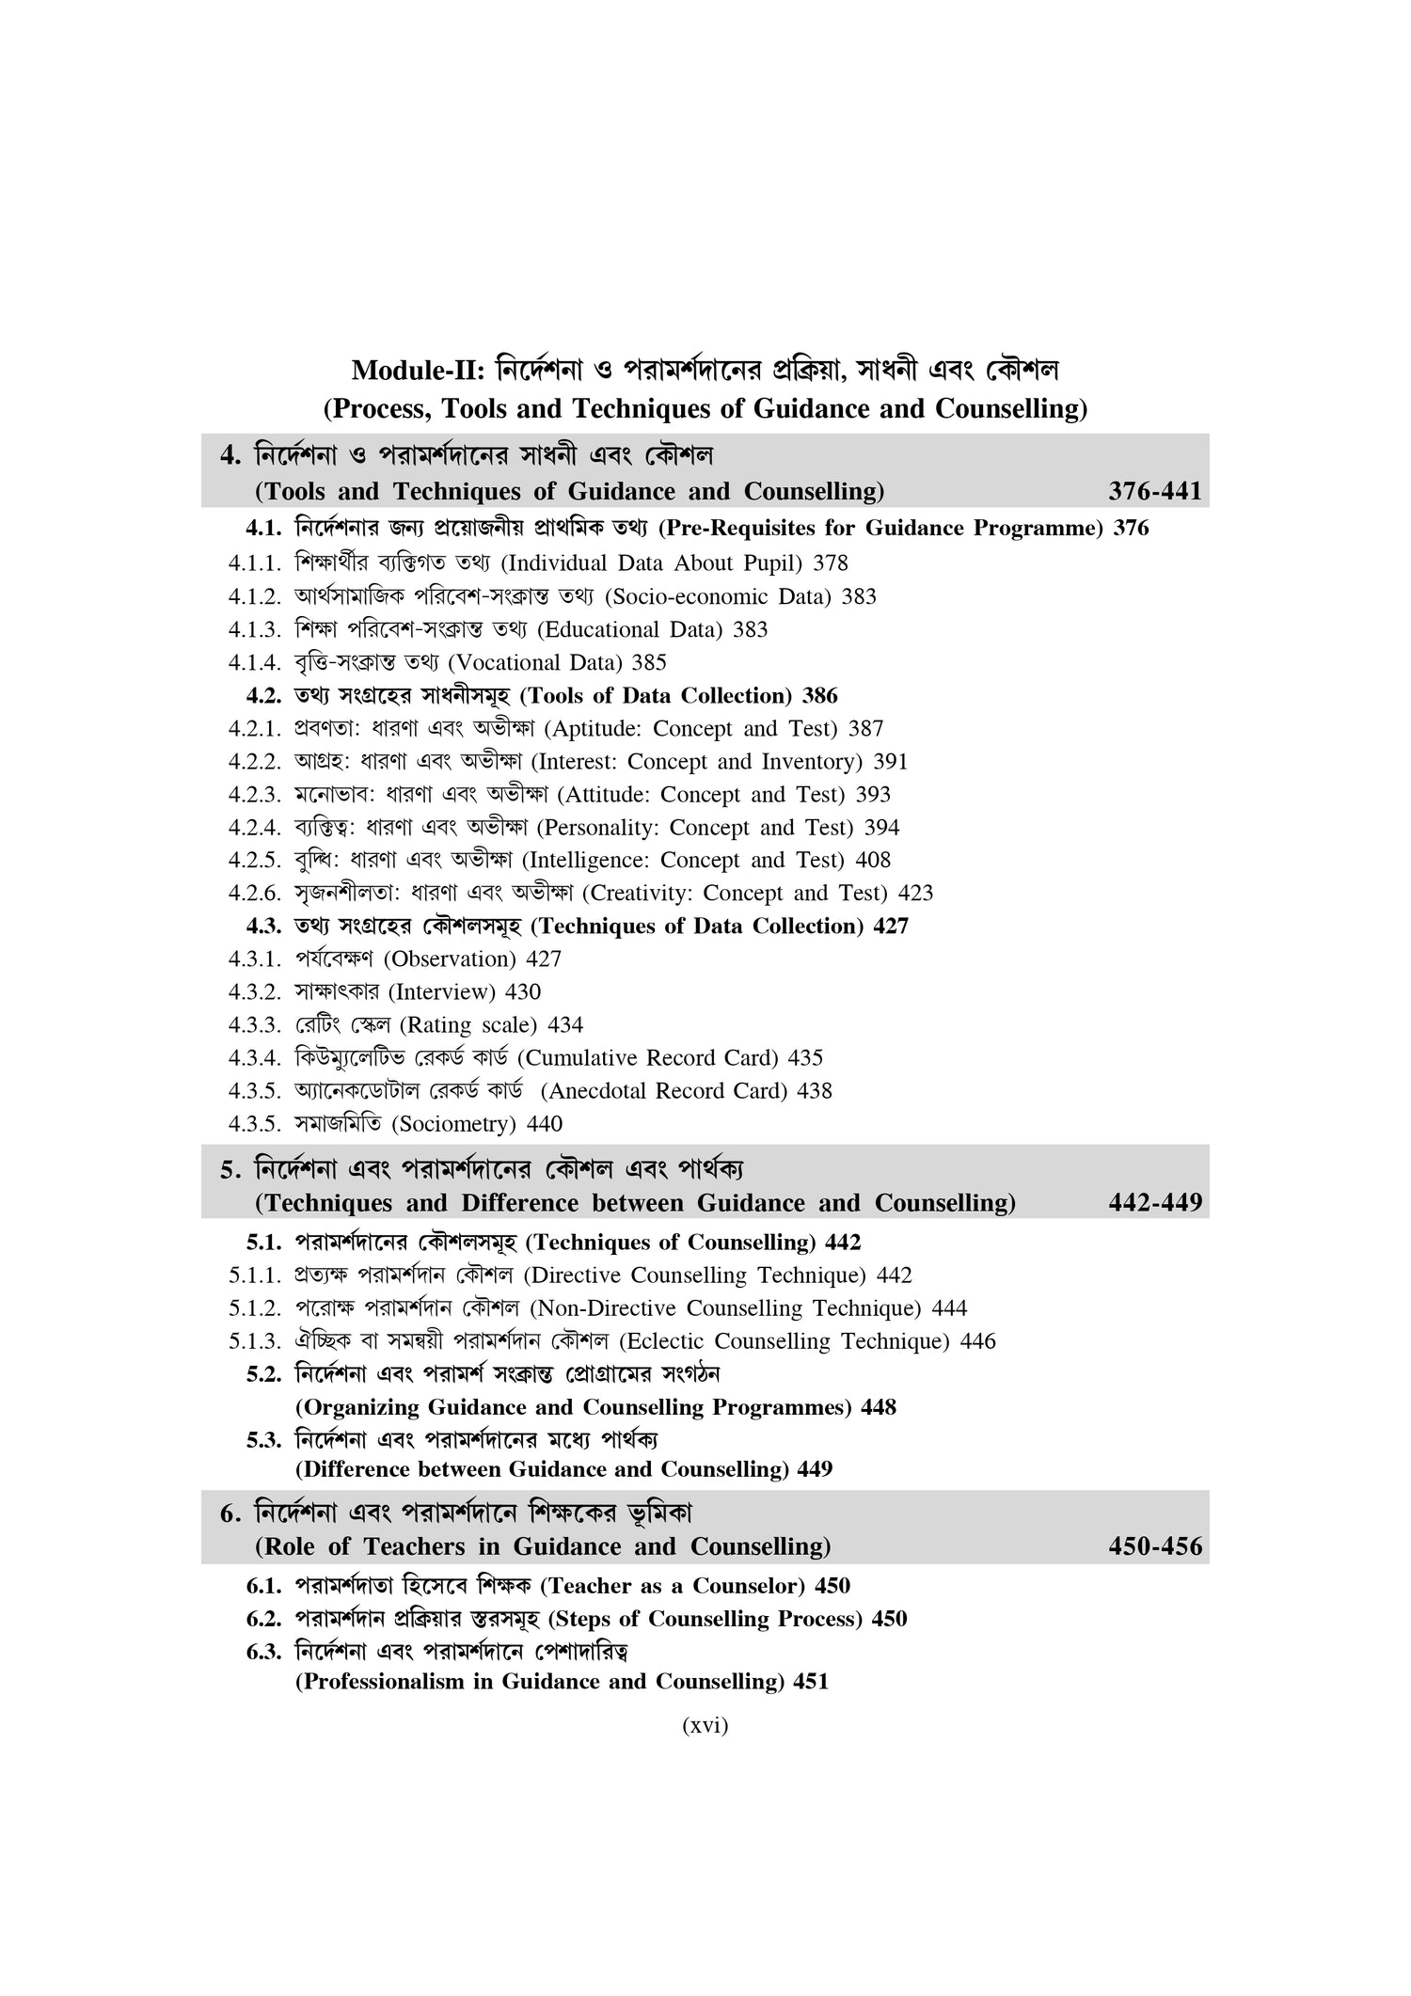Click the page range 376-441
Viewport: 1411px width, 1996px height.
point(1154,491)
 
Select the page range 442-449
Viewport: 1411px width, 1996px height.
point(1154,1203)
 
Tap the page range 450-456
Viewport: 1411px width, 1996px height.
point(1154,1546)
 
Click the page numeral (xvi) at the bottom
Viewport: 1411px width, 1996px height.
point(705,1725)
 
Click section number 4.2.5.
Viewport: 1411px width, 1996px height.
point(255,860)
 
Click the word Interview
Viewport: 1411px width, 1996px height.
point(442,991)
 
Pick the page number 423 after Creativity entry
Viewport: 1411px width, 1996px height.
point(915,893)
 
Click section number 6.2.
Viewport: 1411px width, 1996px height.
point(264,1619)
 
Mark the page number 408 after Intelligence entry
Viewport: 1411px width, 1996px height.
point(872,860)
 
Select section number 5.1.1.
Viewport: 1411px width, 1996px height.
point(255,1275)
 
